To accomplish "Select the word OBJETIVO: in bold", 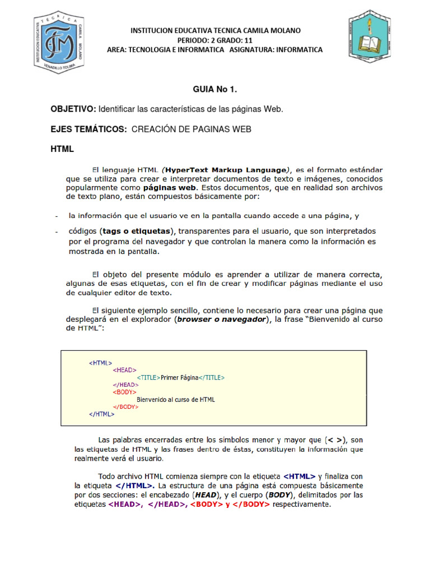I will (73, 109).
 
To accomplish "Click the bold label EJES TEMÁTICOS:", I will (88, 129).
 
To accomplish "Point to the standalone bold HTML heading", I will (62, 150).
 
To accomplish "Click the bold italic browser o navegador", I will (221, 320).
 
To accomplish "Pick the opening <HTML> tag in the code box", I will (100, 363).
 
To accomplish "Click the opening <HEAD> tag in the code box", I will (124, 370).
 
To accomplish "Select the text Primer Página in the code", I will (179, 378).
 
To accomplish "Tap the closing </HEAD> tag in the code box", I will (125, 385).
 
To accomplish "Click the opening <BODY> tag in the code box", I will (124, 392).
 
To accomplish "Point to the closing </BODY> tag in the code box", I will (125, 407).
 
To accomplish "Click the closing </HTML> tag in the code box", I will (101, 414).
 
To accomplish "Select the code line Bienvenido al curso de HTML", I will (176, 400).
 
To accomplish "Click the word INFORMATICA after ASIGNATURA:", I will (297, 50).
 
